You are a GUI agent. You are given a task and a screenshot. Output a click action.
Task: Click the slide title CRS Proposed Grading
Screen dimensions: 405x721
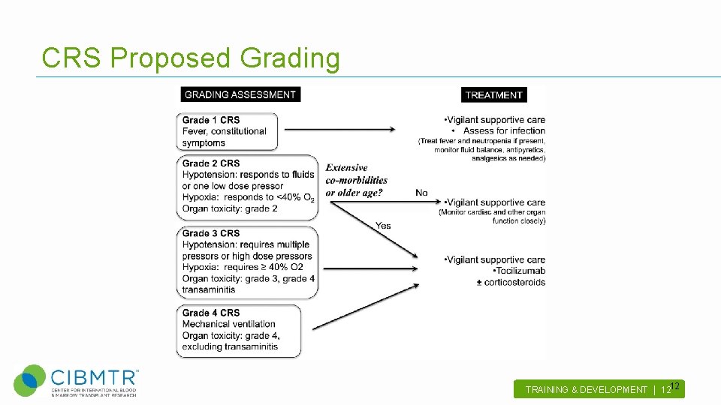[191, 58]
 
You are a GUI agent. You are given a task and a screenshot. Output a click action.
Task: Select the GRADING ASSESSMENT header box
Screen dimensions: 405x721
[240, 94]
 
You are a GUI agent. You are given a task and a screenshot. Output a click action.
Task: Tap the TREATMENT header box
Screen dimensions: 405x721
[493, 95]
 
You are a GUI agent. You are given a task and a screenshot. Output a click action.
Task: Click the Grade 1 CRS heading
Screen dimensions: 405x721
[211, 120]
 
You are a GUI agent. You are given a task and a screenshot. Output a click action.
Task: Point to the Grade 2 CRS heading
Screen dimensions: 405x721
[211, 163]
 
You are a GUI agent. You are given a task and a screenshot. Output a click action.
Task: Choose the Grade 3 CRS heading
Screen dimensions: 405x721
[211, 233]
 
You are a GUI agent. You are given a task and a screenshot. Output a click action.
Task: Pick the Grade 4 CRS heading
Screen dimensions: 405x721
[211, 313]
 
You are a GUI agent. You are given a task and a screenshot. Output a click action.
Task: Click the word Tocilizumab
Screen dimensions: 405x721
[519, 271]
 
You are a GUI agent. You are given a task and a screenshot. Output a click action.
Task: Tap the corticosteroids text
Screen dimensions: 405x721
[514, 282]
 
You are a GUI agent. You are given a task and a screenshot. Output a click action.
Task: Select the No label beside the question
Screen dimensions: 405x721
[421, 193]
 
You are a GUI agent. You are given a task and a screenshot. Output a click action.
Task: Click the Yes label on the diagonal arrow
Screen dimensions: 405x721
[383, 226]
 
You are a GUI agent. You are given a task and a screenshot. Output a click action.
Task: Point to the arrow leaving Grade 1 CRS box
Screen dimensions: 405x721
[339, 129]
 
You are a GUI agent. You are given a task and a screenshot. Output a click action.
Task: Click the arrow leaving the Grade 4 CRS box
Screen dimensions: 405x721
[365, 307]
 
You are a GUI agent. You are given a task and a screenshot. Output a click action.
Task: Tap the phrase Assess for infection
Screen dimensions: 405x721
[504, 131]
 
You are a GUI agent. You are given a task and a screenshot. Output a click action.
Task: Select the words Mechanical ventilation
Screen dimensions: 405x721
[229, 324]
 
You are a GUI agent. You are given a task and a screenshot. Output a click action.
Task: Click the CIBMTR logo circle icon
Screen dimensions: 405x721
[30, 380]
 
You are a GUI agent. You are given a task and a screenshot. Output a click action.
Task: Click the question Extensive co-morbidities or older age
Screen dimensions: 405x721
[356, 180]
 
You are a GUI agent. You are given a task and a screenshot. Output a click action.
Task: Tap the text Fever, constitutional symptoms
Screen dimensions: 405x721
[224, 137]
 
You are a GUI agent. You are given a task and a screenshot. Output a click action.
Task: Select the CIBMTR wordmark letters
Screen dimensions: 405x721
[93, 376]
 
